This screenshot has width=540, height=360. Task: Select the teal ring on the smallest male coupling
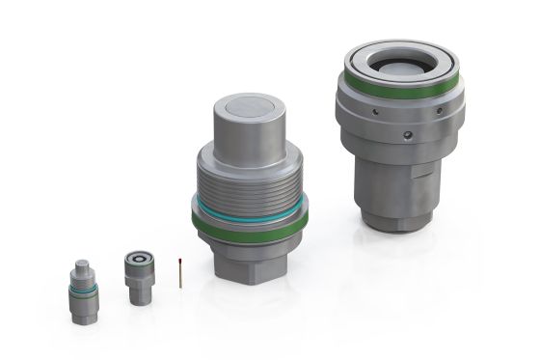tap(83, 287)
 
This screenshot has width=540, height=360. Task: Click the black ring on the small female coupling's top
tap(140, 260)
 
